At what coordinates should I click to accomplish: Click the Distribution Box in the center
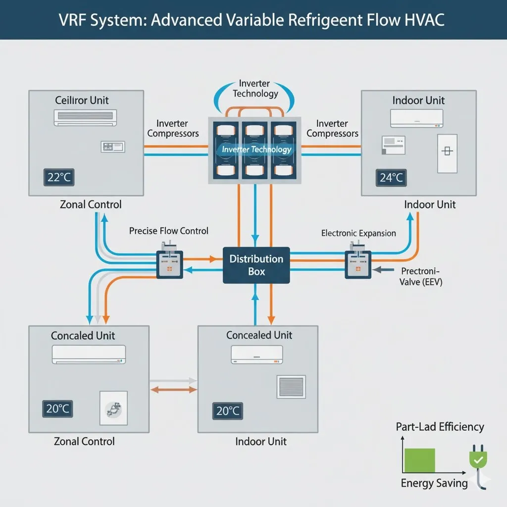(x=256, y=265)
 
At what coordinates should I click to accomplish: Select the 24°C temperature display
(x=391, y=178)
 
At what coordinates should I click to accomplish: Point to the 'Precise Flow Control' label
(x=168, y=231)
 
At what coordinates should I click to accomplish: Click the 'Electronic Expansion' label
(x=358, y=233)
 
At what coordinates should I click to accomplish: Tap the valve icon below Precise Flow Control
(x=169, y=262)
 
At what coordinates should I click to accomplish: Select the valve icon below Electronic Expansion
(x=357, y=262)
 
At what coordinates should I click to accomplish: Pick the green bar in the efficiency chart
(x=420, y=460)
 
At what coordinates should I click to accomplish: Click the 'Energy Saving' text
(x=434, y=483)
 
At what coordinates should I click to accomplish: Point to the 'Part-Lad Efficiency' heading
(x=440, y=427)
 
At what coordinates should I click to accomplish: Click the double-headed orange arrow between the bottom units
(x=173, y=390)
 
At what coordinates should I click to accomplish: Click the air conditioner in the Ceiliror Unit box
(x=86, y=118)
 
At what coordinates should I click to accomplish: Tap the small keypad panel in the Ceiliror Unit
(x=113, y=146)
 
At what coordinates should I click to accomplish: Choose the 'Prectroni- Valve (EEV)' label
(x=421, y=277)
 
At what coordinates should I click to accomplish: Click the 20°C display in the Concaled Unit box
(x=57, y=408)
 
